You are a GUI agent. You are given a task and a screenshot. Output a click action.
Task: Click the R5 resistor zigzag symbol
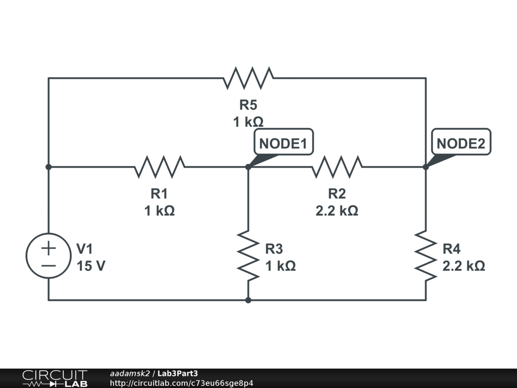(248, 78)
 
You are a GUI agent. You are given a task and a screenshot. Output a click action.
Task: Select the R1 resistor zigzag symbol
(160, 167)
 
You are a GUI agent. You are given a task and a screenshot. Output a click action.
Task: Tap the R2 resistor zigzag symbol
(337, 167)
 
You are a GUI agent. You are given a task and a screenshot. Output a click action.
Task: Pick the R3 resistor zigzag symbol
(248, 256)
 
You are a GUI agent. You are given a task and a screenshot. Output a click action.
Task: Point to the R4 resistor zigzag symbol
(426, 256)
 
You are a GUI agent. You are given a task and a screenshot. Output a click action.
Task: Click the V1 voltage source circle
(48, 256)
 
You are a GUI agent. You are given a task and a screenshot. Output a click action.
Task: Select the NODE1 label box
(283, 143)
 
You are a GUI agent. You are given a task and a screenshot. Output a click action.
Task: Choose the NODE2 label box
(461, 143)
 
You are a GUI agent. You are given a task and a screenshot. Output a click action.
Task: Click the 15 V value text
(91, 266)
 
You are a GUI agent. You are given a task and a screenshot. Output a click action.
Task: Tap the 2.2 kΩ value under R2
(337, 211)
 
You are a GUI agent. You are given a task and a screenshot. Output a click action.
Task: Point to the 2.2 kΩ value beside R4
(463, 266)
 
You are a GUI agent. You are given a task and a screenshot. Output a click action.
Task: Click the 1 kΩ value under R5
(248, 122)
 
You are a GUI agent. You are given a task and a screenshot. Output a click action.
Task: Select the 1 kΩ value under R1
(160, 211)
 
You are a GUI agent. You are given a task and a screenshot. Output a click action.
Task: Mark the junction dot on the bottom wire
(248, 300)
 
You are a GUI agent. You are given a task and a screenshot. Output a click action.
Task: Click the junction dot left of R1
(48, 167)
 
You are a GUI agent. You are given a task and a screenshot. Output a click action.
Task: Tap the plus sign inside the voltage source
(48, 248)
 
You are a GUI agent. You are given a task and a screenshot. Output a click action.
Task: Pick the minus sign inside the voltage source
(48, 265)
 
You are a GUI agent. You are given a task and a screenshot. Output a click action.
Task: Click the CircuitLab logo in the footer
(54, 378)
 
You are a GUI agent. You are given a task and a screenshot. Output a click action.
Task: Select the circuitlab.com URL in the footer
(181, 383)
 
